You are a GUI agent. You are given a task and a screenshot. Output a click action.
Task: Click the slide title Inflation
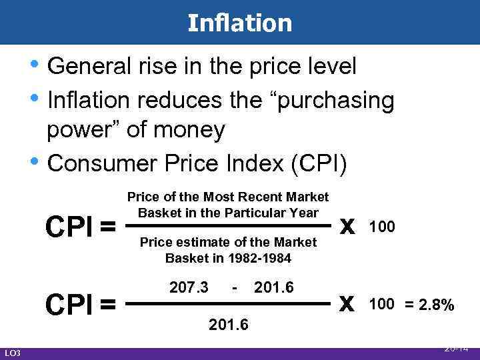point(240,23)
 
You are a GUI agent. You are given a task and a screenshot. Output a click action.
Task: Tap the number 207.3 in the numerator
point(189,287)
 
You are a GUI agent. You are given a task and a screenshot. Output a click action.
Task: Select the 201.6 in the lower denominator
point(229,325)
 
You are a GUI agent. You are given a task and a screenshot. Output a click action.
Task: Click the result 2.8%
point(437,305)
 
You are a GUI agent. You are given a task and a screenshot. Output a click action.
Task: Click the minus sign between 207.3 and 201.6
point(235,287)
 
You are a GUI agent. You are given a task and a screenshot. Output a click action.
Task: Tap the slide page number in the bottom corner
point(457,348)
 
